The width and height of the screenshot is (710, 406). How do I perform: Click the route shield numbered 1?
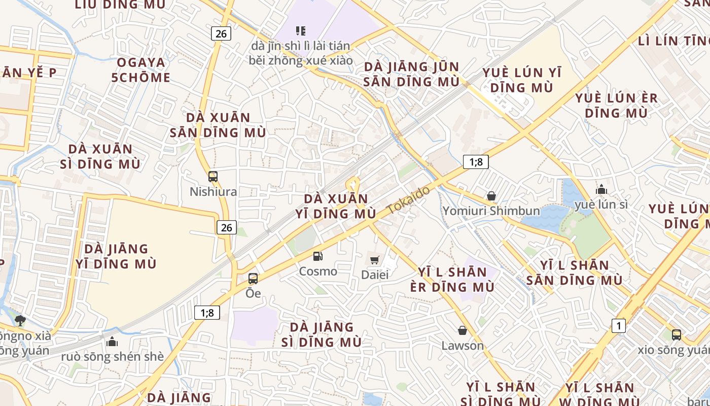[618, 326]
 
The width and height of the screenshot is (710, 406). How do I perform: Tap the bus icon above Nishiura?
[213, 177]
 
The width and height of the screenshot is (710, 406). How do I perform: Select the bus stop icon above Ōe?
[253, 278]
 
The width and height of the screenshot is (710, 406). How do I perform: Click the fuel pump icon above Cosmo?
[317, 256]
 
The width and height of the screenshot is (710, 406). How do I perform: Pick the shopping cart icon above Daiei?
[375, 260]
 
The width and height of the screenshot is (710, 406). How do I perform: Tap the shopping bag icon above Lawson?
[463, 331]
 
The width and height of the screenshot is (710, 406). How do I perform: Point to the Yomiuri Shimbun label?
[491, 211]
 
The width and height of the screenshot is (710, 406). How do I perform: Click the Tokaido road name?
[408, 200]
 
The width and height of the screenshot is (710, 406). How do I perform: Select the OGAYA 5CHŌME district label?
[141, 70]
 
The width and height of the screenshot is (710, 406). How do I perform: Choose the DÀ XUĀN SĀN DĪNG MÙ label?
[218, 125]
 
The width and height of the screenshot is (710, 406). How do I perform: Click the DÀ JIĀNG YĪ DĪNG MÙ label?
[116, 256]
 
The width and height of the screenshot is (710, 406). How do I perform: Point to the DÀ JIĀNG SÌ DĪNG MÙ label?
[322, 334]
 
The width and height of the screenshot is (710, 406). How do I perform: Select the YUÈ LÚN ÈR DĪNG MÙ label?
[616, 105]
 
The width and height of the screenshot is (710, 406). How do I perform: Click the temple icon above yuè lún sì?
[601, 190]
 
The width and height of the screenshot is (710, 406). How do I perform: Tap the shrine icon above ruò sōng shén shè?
[113, 342]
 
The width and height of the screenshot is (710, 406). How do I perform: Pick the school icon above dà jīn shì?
[301, 31]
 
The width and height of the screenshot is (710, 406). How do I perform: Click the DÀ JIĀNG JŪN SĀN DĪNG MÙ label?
[411, 74]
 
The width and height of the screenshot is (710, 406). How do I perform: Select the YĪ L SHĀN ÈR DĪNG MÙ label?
[452, 279]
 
